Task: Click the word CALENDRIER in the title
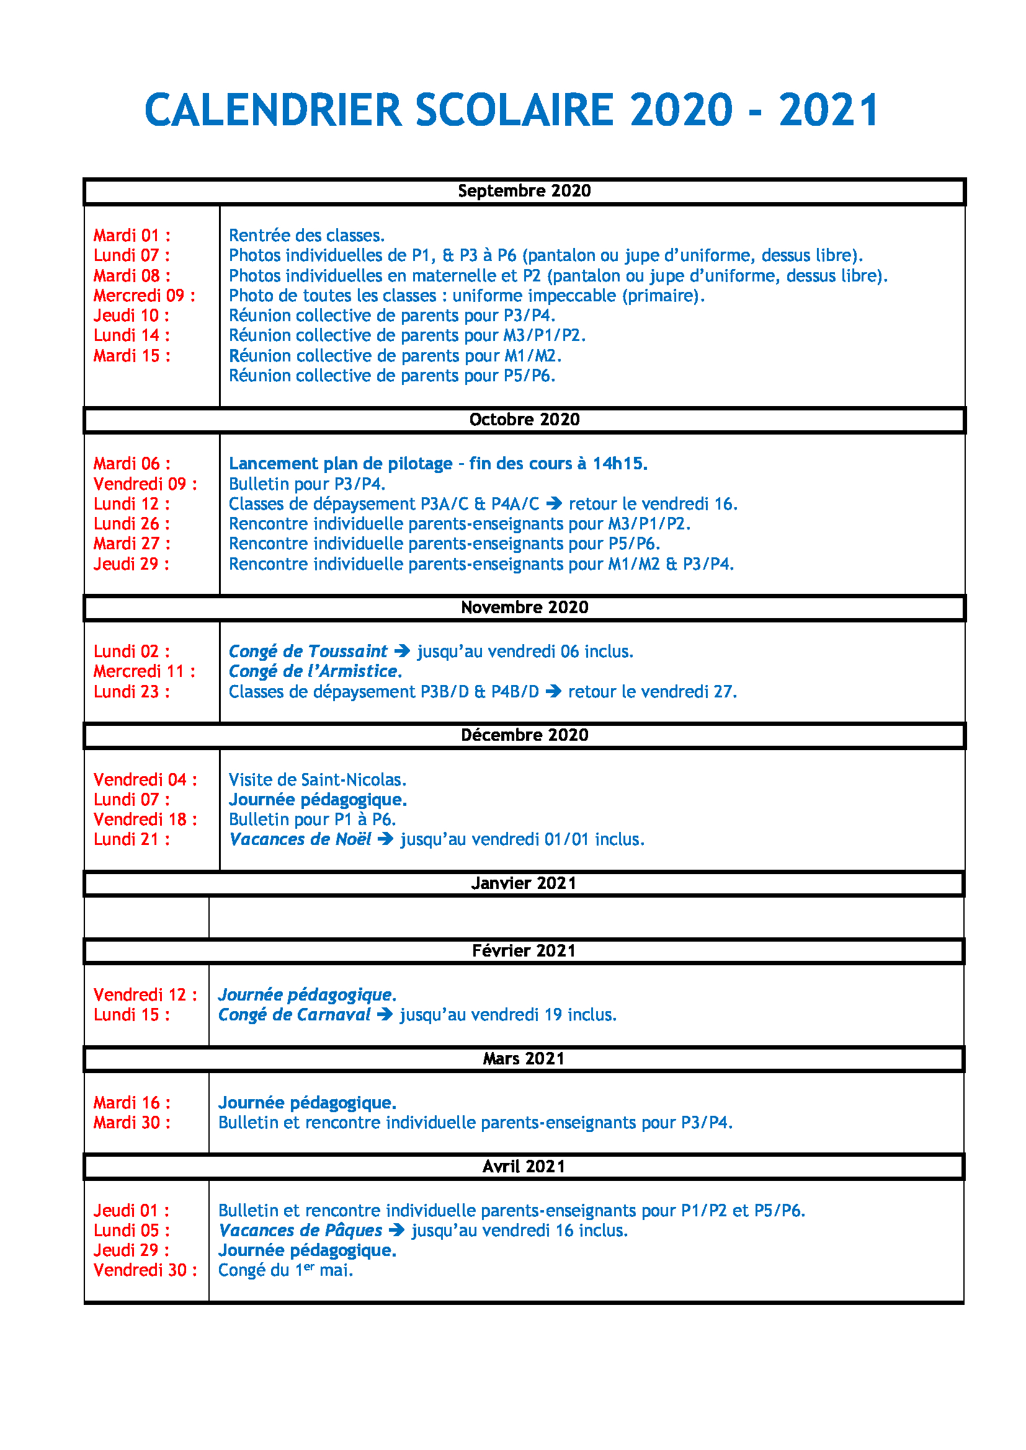(x=273, y=110)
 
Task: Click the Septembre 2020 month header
(x=524, y=191)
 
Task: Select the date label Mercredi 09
(x=144, y=296)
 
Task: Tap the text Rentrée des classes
(x=306, y=236)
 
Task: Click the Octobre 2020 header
(x=524, y=419)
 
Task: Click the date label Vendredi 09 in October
(x=145, y=484)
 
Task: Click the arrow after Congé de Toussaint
(x=403, y=651)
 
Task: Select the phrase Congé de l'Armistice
(x=314, y=671)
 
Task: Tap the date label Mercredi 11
(x=144, y=671)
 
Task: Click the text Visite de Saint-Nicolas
(x=317, y=779)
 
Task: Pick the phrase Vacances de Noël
(x=300, y=839)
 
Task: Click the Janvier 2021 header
(x=524, y=883)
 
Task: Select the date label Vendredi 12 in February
(x=145, y=994)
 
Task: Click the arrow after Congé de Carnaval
(x=385, y=1015)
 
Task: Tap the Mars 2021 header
(x=524, y=1058)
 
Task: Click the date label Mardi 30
(x=132, y=1122)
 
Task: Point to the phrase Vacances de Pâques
(x=300, y=1230)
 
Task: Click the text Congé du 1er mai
(x=285, y=1270)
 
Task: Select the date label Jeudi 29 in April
(x=131, y=1250)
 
